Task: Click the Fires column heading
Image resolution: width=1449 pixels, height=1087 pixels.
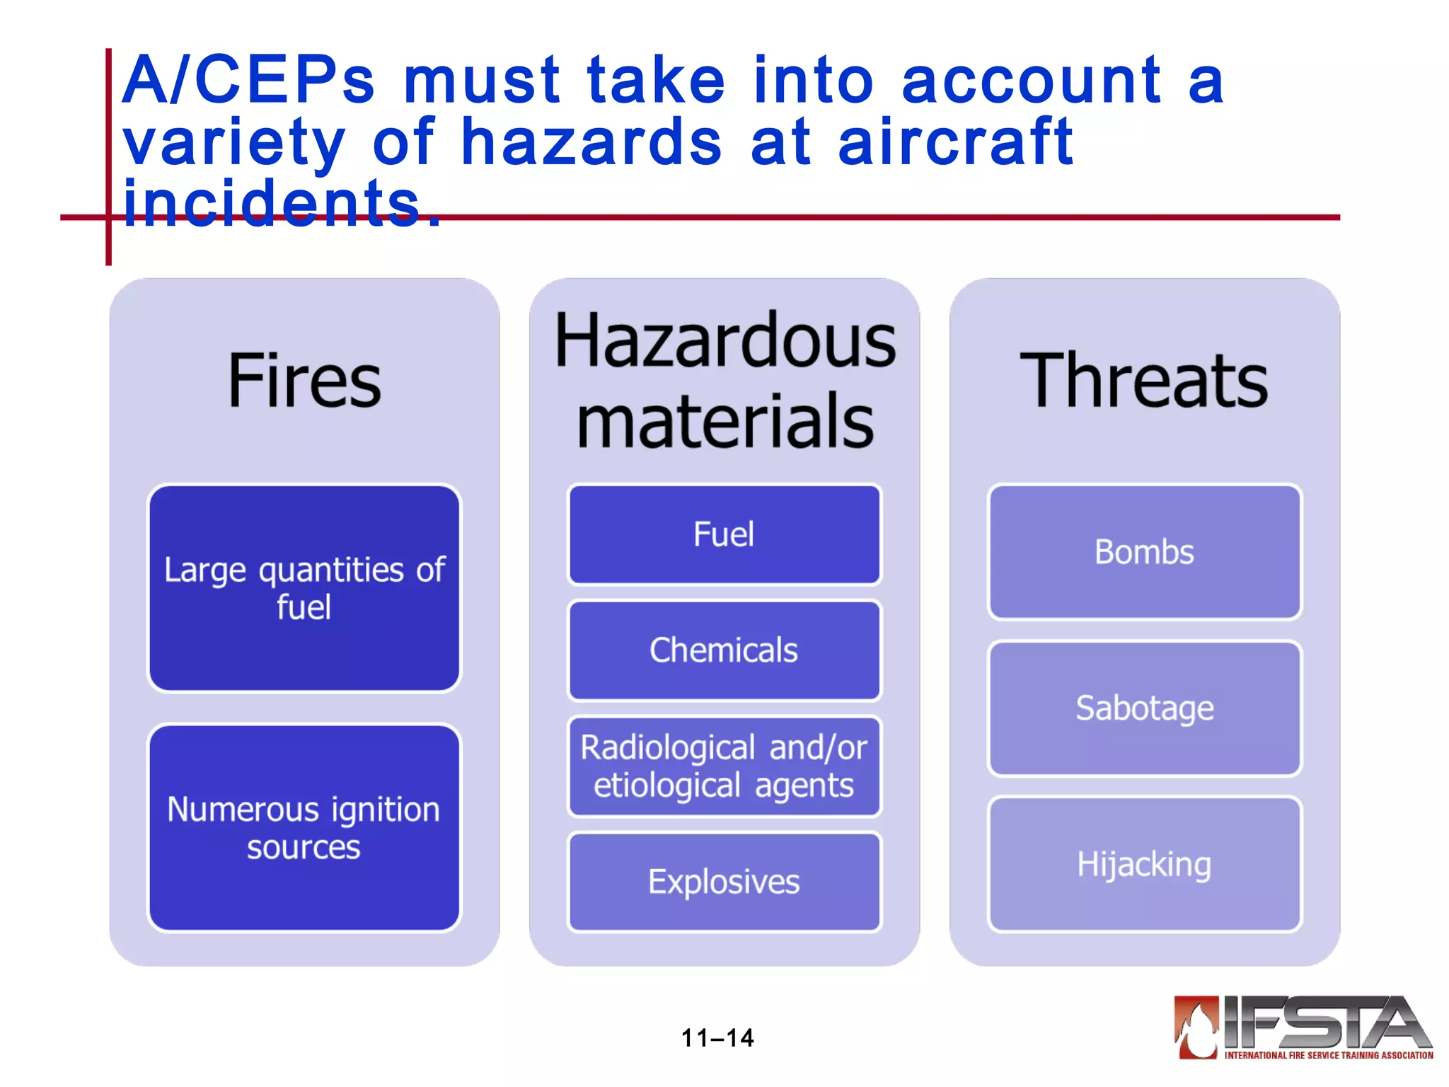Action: pos(304,381)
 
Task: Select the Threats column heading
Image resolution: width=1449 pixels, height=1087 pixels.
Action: pos(1143,381)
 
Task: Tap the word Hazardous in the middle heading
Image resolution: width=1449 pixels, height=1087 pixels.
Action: pos(724,342)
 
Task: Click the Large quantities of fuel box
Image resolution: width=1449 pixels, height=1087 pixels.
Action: pos(304,588)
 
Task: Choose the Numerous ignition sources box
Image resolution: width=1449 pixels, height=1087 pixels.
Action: pos(304,827)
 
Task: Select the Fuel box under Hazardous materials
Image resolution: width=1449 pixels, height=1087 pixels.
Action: pos(724,534)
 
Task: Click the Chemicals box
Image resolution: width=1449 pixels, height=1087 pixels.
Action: pos(724,650)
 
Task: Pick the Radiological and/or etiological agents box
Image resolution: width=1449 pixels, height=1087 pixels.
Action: pos(724,766)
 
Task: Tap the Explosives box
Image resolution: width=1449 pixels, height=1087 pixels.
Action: pos(724,882)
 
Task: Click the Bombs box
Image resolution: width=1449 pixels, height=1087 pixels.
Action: pos(1144,552)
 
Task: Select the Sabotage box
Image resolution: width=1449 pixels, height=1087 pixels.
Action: pos(1144,708)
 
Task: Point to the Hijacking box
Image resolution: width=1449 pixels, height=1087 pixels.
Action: pos(1144,864)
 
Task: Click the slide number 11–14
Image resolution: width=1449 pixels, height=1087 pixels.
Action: pos(717,1038)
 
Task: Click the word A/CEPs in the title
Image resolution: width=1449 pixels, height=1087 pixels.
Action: pos(248,81)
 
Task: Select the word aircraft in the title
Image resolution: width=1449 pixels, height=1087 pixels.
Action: pos(955,142)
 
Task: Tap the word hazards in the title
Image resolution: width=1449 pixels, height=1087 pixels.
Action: pos(591,142)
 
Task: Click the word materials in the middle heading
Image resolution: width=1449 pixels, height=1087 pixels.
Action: pos(724,422)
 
